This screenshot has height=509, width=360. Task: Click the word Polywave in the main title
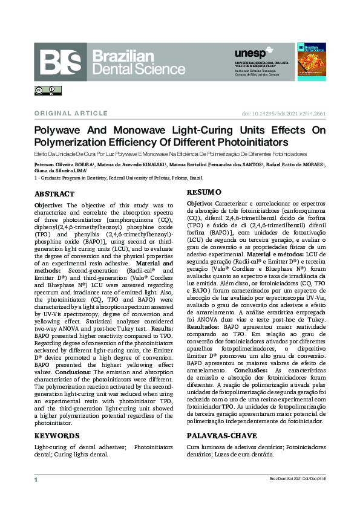pos(61,131)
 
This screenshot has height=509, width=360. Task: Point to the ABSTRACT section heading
pos(54,194)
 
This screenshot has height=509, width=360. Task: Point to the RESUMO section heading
pos(204,192)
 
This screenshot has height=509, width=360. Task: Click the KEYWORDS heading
pos(56,435)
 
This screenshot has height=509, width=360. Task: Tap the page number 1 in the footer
pos(36,479)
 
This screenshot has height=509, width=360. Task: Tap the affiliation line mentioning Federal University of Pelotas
pos(120,178)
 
